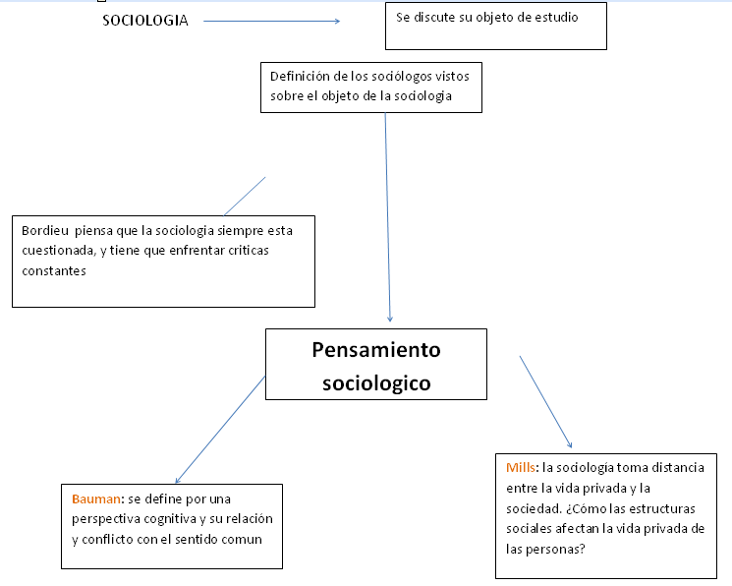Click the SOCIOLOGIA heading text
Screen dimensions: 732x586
[x=145, y=21]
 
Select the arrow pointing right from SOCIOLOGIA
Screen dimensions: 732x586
[x=272, y=21]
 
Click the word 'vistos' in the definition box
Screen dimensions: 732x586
[x=452, y=76]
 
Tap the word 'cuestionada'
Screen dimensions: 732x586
[x=59, y=251]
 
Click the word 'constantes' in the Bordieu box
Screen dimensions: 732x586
[x=54, y=271]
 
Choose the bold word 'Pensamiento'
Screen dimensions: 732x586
[x=376, y=350]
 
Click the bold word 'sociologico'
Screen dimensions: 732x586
[x=376, y=383]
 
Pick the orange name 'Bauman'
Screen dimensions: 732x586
[x=96, y=499]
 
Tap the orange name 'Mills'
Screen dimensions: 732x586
[x=521, y=468]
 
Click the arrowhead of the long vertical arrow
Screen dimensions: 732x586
[x=390, y=320]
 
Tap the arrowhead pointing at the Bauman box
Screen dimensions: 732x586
[x=177, y=481]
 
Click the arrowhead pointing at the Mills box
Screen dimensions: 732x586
[x=570, y=445]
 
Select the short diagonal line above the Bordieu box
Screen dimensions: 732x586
[x=245, y=197]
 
